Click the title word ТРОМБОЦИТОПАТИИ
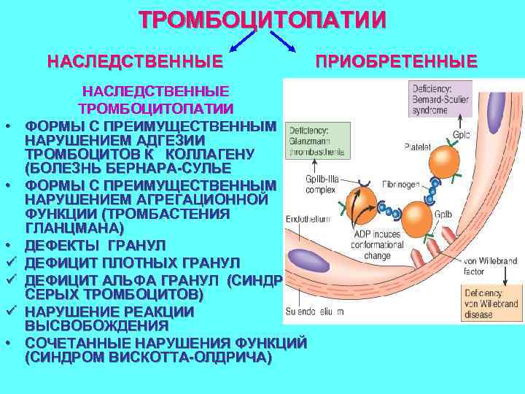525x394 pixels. point(262,19)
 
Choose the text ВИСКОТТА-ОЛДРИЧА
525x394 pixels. point(179,358)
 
